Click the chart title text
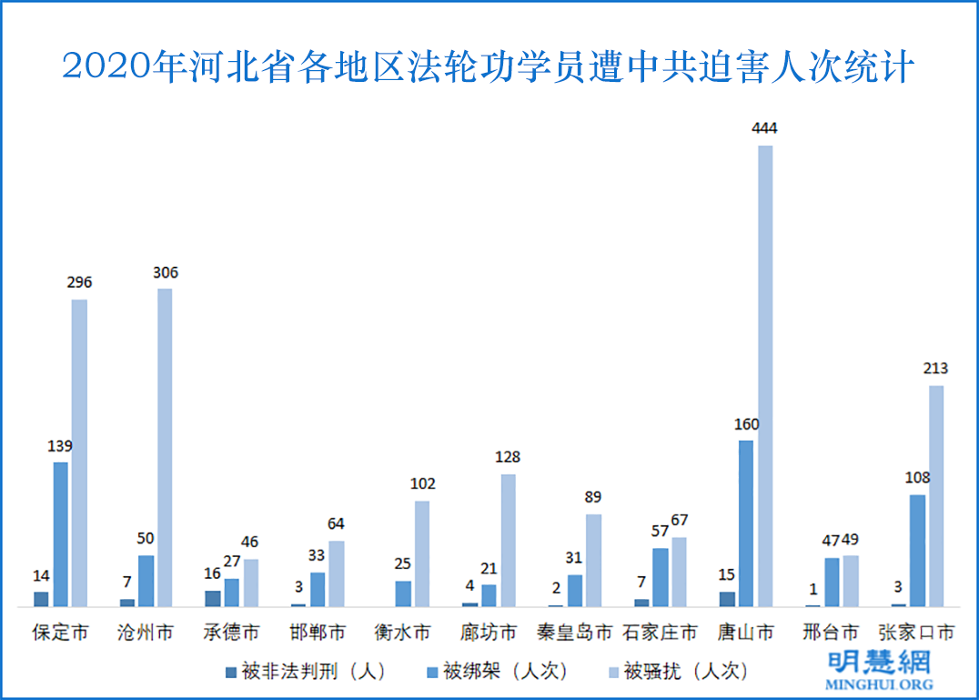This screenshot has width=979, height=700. click(489, 66)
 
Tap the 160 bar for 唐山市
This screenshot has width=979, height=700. click(745, 523)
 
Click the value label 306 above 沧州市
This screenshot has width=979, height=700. click(165, 272)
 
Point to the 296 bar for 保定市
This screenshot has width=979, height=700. click(79, 452)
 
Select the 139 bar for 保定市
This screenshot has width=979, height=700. click(60, 533)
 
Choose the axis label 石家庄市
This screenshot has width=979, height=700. click(660, 632)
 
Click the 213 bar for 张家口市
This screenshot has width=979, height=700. click(936, 496)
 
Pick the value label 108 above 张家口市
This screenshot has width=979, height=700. click(917, 478)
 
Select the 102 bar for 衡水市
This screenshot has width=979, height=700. click(422, 553)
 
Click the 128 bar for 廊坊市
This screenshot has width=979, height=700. click(508, 540)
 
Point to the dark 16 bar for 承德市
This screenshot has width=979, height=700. click(212, 598)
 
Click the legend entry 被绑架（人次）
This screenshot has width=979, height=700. click(497, 672)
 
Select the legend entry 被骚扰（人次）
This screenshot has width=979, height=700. click(677, 672)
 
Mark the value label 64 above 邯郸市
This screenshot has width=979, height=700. click(336, 523)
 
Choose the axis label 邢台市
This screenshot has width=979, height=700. click(831, 632)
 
